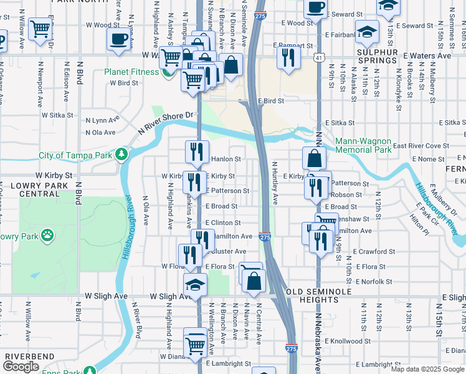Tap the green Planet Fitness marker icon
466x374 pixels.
(x=167, y=72)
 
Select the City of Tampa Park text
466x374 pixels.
(x=77, y=155)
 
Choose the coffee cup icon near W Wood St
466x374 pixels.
(x=118, y=40)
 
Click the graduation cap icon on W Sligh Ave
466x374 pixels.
(x=196, y=285)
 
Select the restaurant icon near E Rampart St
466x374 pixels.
(x=288, y=57)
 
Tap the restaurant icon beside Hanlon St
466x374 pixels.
(x=196, y=151)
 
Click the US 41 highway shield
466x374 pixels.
(x=318, y=57)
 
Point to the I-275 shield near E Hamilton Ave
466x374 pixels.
(x=265, y=237)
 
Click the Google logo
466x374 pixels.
(x=21, y=367)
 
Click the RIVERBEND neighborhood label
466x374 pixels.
(x=22, y=356)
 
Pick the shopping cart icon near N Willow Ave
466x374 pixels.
(x=40, y=28)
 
